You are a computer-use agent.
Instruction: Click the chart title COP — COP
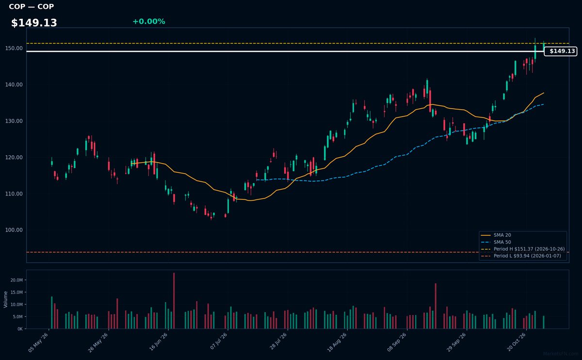[31, 6]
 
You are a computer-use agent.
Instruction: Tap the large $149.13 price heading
[34, 23]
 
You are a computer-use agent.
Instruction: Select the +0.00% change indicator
[149, 21]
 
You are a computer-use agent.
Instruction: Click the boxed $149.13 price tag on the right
[561, 51]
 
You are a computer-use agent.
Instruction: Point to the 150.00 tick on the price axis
[14, 49]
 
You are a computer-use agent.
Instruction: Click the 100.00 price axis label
[14, 230]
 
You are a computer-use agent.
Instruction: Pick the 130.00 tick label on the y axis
[14, 121]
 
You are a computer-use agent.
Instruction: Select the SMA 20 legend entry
[496, 235]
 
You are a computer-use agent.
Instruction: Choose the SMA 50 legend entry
[496, 242]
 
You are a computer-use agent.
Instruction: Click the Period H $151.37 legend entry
[523, 249]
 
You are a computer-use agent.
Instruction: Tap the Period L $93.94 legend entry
[521, 256]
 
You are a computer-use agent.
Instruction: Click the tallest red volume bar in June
[174, 301]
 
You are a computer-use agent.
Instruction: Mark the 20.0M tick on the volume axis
[16, 280]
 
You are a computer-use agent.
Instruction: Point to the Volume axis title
[5, 299]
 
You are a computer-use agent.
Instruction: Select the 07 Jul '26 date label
[219, 341]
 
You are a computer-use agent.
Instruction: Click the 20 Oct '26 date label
[517, 342]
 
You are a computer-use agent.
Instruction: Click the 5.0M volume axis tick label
[17, 317]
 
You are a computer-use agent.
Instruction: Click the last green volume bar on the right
[544, 322]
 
